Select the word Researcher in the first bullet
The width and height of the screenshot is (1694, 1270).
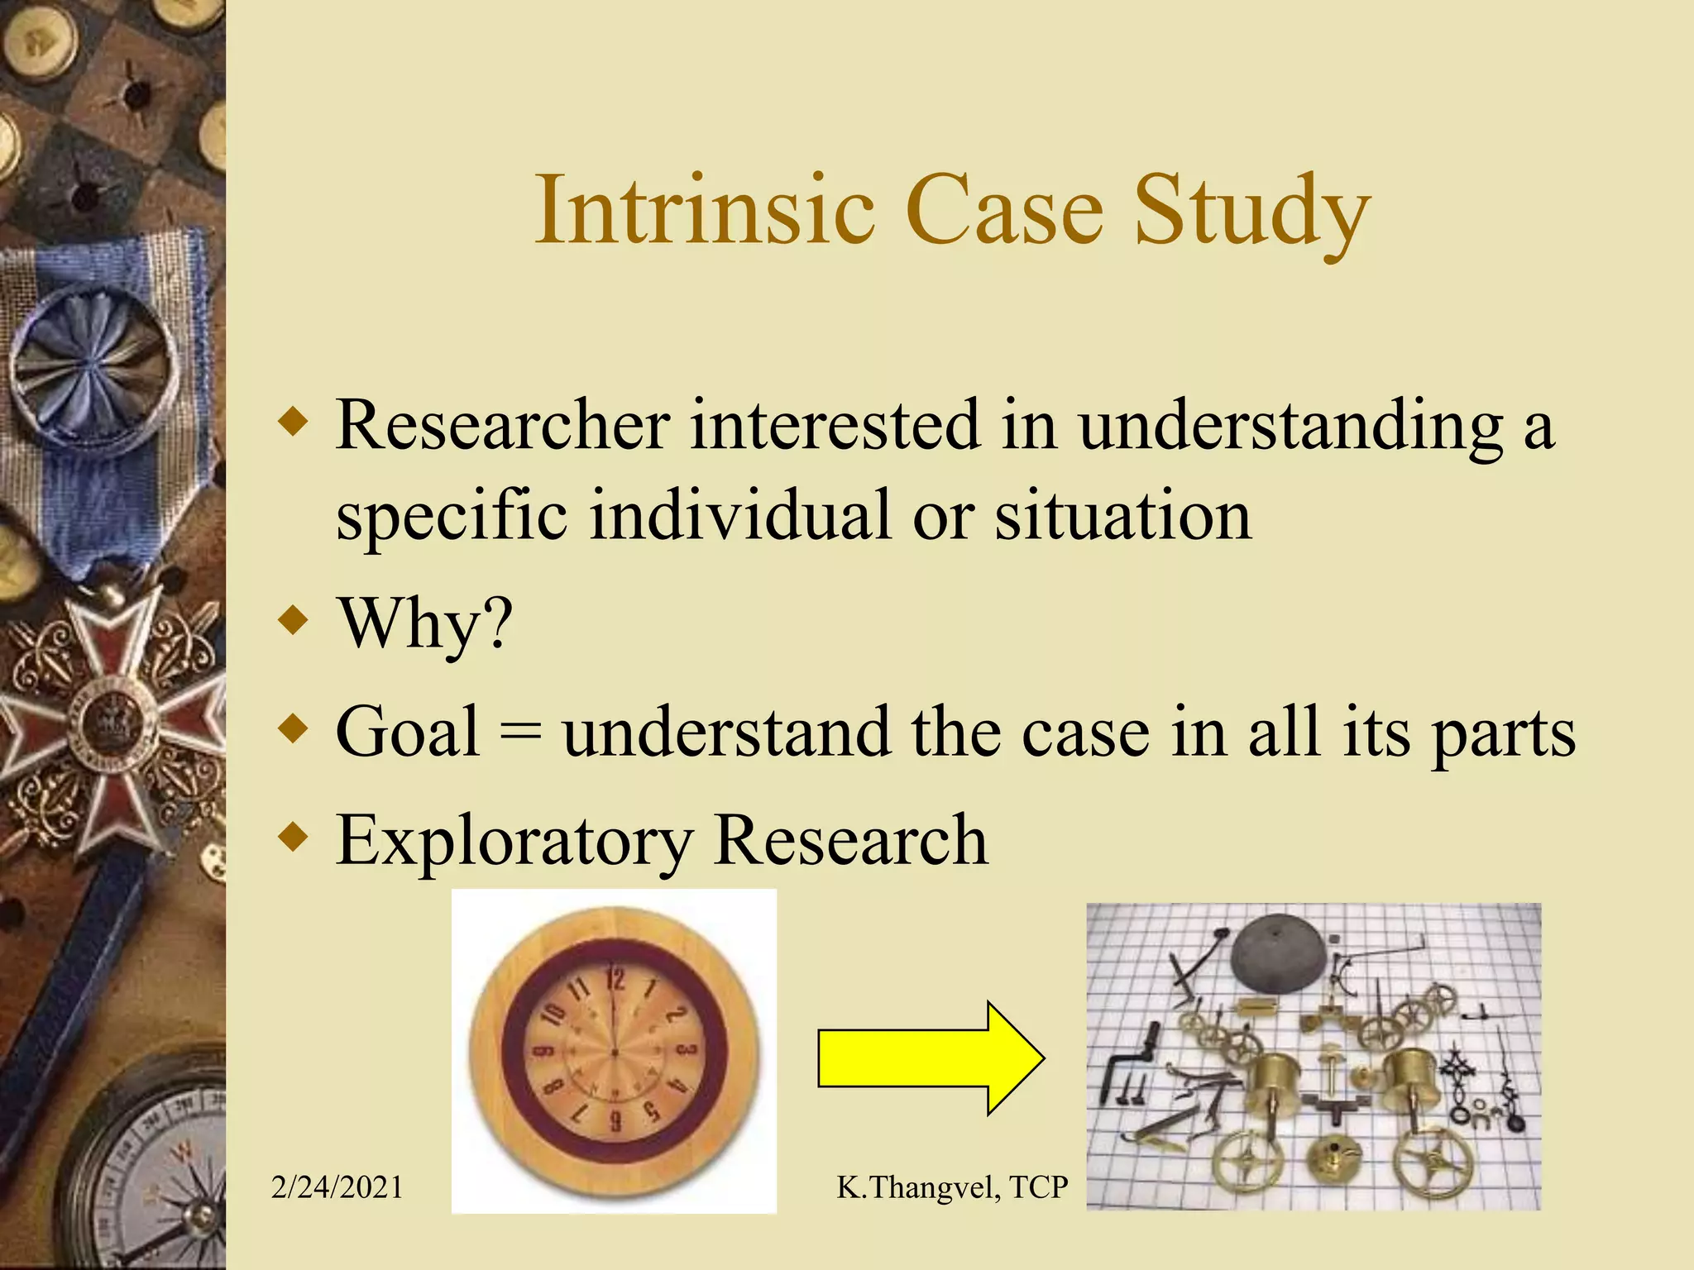(x=502, y=425)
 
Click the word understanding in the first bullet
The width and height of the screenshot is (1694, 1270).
(x=1290, y=427)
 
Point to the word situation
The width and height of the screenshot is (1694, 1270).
(x=1122, y=516)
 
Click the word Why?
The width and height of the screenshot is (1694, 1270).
(x=425, y=624)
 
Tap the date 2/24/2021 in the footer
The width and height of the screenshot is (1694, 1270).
(x=337, y=1187)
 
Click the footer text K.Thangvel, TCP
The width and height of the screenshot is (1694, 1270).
(x=952, y=1187)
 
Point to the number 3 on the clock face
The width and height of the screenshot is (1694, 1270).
(x=687, y=1051)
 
